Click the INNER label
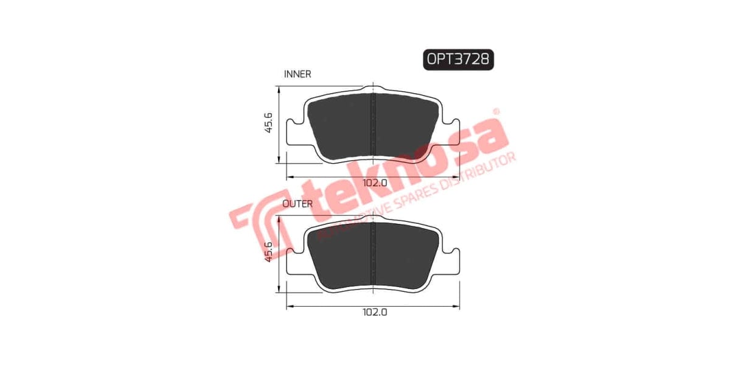point(297,74)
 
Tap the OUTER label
point(297,204)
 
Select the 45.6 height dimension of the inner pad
point(268,124)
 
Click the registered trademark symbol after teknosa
point(496,113)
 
